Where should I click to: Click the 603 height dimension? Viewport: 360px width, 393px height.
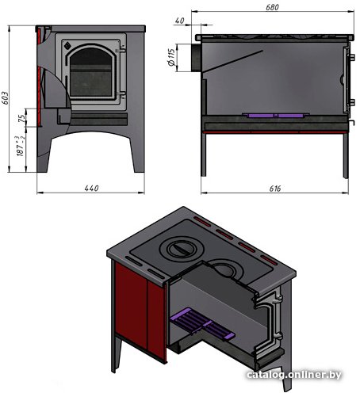(x=6, y=97)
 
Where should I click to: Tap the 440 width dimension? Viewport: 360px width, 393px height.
(x=91, y=189)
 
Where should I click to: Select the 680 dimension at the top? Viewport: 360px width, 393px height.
(x=272, y=7)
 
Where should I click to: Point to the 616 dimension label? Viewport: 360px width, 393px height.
(x=275, y=189)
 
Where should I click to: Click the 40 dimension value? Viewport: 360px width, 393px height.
(x=179, y=21)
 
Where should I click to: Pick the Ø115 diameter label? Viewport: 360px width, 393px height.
(x=171, y=57)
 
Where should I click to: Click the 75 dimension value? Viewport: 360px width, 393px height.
(x=23, y=117)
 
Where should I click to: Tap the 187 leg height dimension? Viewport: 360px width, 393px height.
(x=21, y=147)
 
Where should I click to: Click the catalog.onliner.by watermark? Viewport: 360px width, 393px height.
(x=294, y=375)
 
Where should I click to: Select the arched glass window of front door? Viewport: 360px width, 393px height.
(x=91, y=72)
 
